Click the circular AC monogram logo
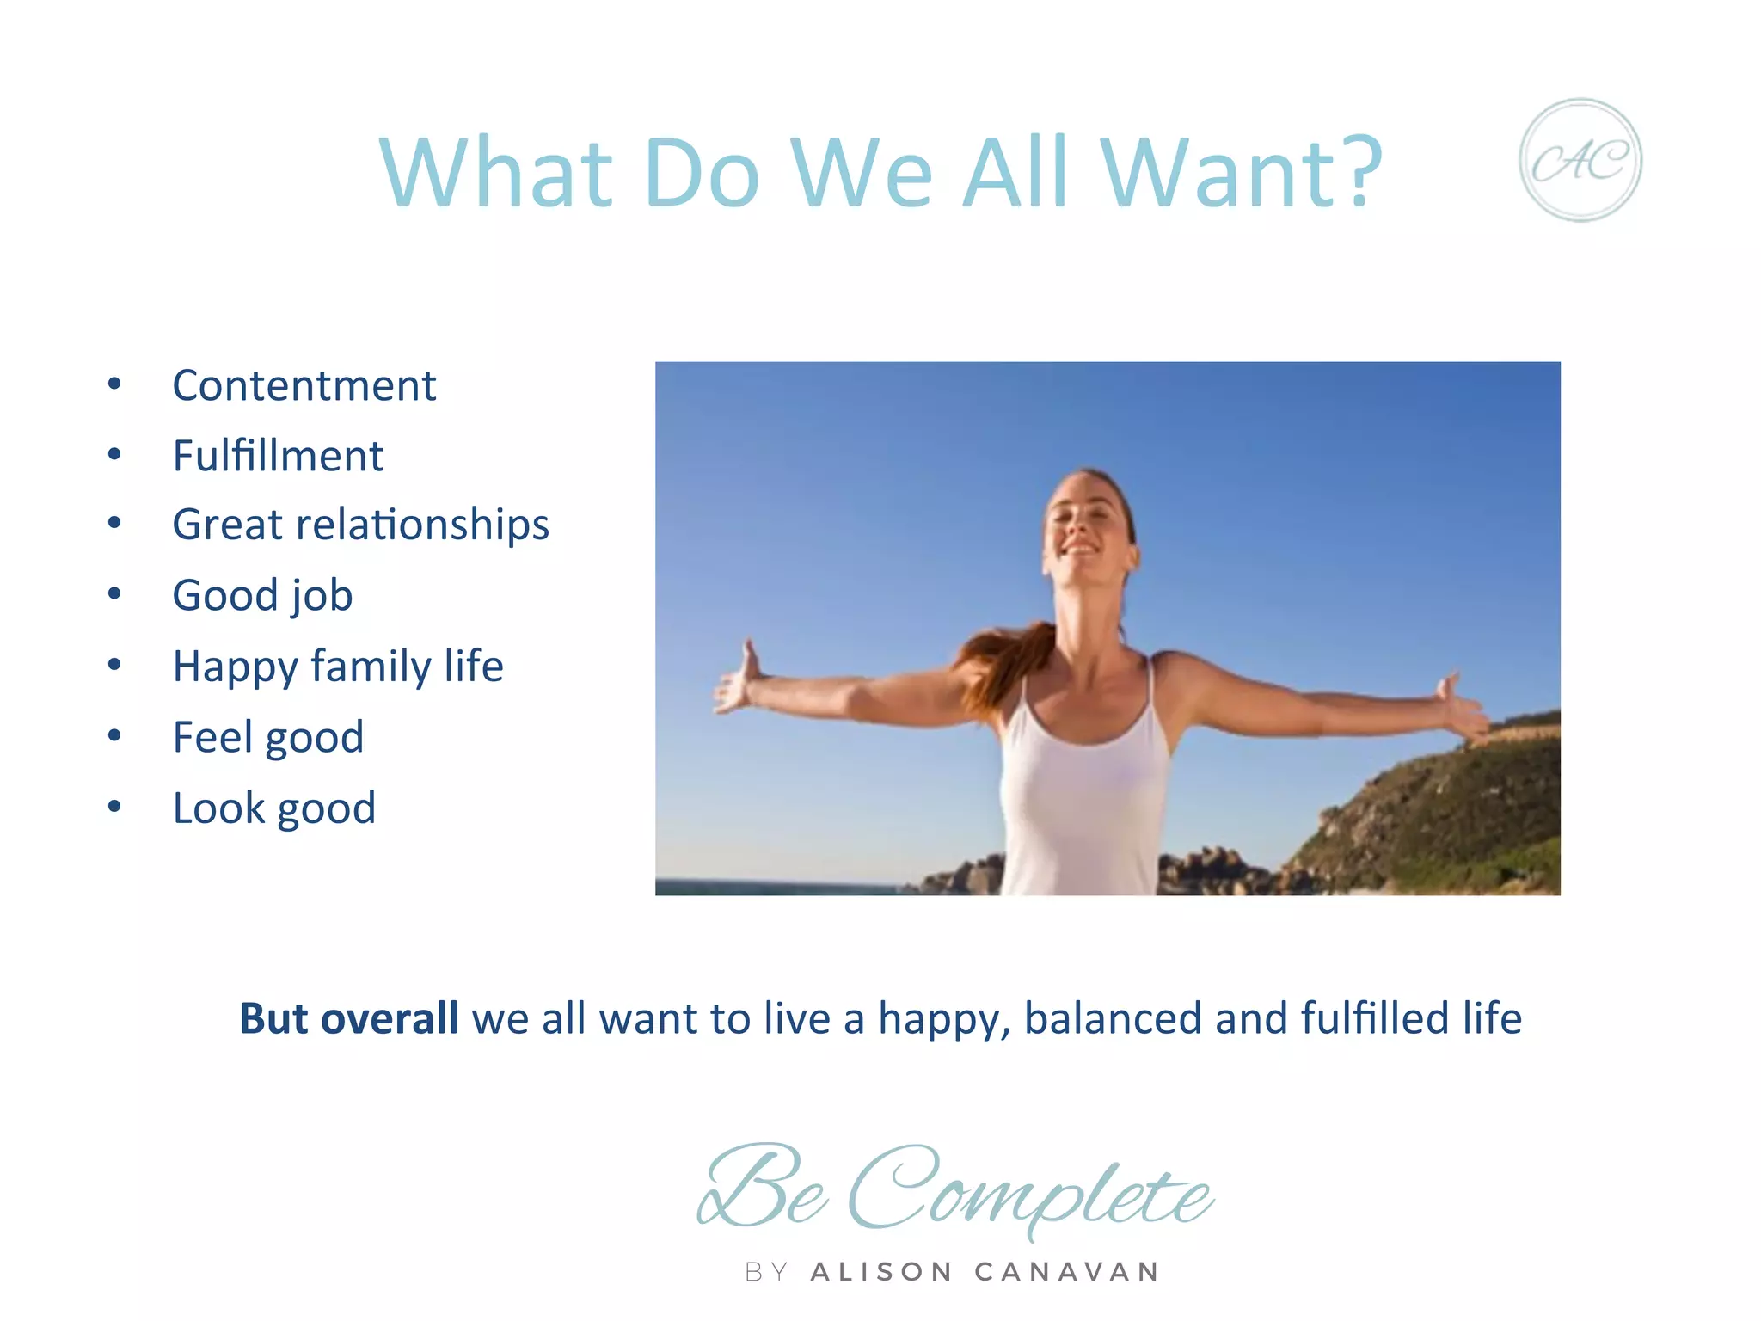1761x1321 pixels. tap(1580, 160)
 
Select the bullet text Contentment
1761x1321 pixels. tap(304, 385)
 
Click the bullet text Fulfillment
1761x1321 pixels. tap(278, 456)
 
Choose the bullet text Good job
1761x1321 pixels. tap(262, 595)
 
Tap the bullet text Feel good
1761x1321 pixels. tap(267, 737)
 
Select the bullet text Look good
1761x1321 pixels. tap(273, 808)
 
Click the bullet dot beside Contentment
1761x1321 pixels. tap(114, 384)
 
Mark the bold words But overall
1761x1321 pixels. tap(348, 1018)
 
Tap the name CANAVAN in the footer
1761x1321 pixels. tap(1066, 1272)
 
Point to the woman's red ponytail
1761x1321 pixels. tap(1002, 667)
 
